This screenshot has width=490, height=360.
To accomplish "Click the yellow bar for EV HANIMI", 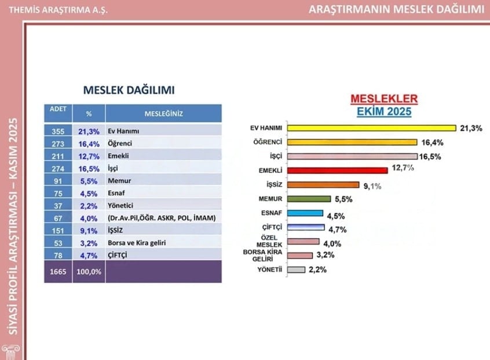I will [371, 128].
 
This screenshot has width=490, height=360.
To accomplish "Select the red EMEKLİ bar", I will [337, 170].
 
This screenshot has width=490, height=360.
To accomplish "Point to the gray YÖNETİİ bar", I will [297, 270].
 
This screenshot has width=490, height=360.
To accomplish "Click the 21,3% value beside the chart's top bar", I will [471, 128].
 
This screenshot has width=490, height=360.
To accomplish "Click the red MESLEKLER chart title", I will [384, 99].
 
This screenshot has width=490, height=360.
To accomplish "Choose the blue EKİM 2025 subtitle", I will [384, 112].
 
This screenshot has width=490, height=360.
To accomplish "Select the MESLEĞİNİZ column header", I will [163, 114].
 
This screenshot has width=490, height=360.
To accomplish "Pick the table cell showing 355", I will [57, 132].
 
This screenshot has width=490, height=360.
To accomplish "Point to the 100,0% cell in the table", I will [89, 271].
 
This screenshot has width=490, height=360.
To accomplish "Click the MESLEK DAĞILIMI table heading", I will [129, 90].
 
